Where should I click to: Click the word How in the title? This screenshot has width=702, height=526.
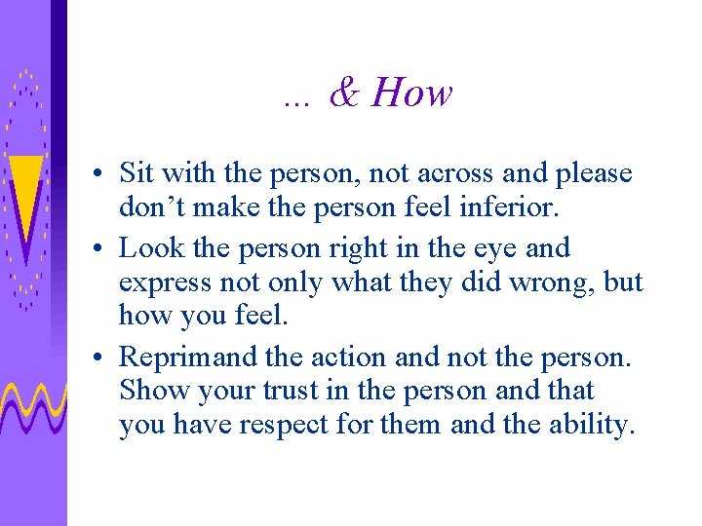(412, 94)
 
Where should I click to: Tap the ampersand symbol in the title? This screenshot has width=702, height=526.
(344, 94)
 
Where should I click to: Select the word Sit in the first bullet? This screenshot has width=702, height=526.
(136, 174)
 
